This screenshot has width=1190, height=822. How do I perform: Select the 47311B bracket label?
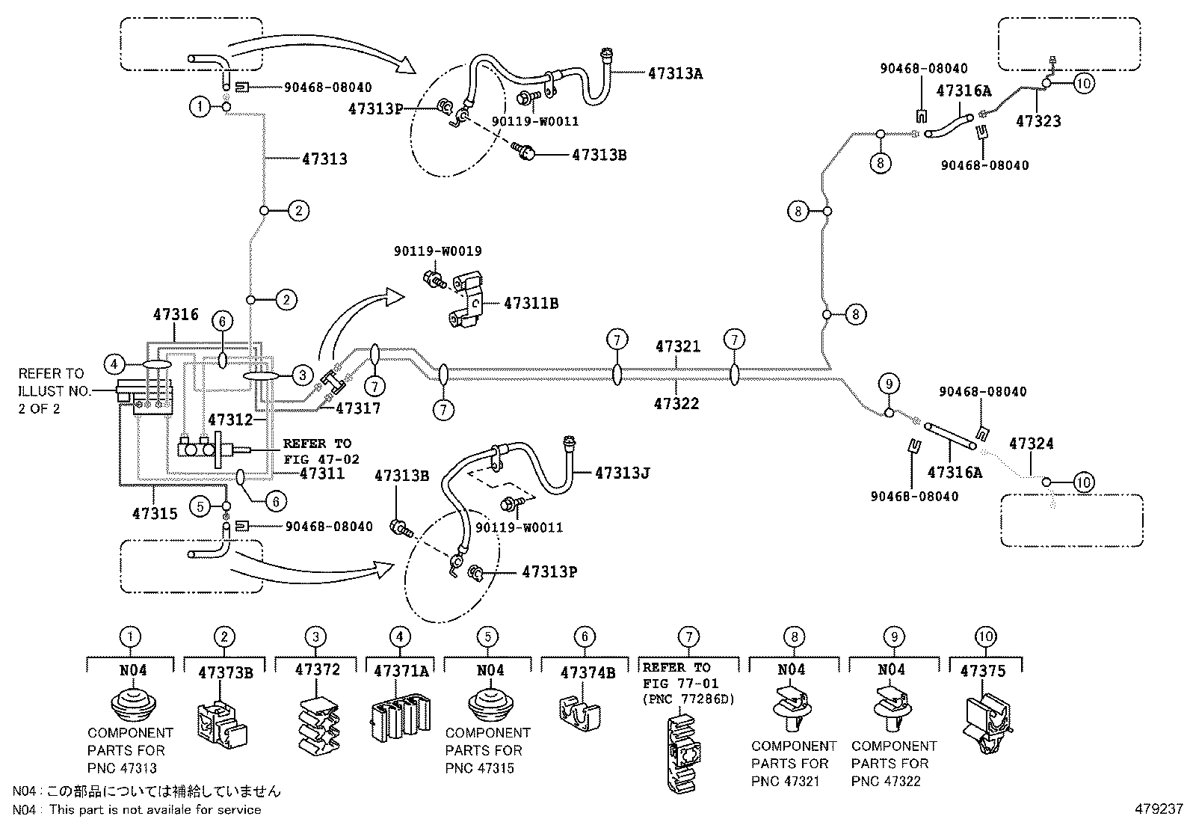[x=531, y=304]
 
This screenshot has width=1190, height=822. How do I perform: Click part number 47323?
[x=1038, y=121]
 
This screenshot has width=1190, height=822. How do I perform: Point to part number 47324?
[x=1031, y=444]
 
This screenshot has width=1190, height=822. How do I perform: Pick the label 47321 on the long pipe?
[x=677, y=347]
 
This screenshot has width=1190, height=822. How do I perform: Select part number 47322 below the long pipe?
[x=676, y=404]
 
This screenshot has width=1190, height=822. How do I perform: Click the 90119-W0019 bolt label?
[x=437, y=252]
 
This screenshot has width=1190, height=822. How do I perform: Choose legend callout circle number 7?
[x=688, y=637]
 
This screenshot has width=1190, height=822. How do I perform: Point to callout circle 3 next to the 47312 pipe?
[x=302, y=375]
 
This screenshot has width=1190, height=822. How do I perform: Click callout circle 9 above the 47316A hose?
[x=889, y=385]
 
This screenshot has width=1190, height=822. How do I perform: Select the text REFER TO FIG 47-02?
[x=321, y=451]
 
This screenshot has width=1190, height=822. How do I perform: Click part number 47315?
[x=155, y=513]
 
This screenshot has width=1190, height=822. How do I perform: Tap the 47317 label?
[x=358, y=408]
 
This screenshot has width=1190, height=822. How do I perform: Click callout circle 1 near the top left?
[x=200, y=107]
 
